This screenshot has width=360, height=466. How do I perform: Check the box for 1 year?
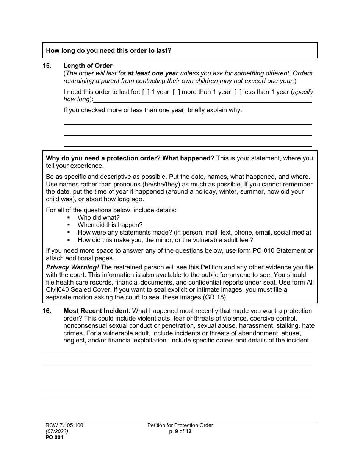(146, 92)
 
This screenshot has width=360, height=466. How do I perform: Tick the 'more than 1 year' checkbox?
(177, 92)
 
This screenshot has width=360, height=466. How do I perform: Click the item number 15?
(47, 66)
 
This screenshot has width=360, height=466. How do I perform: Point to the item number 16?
(47, 311)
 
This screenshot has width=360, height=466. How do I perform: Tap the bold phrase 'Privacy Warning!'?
(72, 267)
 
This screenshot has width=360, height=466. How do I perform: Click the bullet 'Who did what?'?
(99, 218)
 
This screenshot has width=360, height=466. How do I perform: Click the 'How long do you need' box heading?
(109, 50)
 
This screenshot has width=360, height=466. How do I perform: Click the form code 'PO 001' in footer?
(55, 437)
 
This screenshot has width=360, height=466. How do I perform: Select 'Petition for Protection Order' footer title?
(180, 425)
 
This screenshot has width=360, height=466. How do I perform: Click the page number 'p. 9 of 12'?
(180, 431)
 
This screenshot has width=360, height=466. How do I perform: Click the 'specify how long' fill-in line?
(203, 100)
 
